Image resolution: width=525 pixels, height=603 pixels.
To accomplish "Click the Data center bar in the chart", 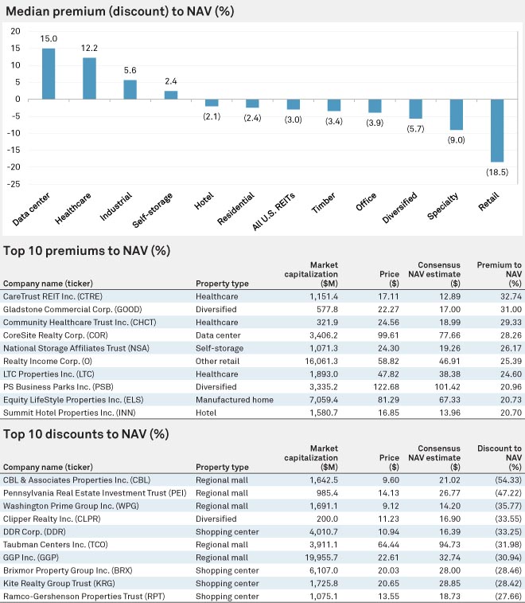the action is point(49,74).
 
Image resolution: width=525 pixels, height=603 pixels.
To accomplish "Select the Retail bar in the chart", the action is point(497,131).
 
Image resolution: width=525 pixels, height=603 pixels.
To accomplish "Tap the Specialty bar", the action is point(457,115).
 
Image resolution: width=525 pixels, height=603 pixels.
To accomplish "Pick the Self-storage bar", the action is point(171,95).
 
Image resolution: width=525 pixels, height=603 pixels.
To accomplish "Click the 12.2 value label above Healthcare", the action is point(89,48).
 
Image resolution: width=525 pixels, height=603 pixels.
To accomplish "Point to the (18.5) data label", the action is point(497,172).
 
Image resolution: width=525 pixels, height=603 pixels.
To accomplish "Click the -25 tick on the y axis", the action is point(14,184).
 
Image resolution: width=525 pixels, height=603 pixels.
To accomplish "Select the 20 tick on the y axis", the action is point(15,31).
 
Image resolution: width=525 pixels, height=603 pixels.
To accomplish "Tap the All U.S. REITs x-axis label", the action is point(274,212).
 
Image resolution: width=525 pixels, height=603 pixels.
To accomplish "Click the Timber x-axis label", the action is point(324,202).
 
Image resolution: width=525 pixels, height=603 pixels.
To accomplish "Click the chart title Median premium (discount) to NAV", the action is point(120,11).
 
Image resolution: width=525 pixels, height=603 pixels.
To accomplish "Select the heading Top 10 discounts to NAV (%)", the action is point(86,434).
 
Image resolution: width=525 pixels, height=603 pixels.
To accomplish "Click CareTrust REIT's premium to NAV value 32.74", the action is point(511,296).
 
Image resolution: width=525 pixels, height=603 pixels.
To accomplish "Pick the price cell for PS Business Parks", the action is point(386,387).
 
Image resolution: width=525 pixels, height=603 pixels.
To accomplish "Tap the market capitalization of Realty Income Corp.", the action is point(324,361).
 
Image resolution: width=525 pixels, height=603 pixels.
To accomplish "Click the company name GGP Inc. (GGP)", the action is point(31,558).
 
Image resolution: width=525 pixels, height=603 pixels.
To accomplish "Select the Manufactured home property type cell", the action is point(235,400).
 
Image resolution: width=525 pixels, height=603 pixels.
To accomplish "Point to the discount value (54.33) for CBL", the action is point(508,480).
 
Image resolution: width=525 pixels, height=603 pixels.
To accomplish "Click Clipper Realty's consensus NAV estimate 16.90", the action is point(449,519).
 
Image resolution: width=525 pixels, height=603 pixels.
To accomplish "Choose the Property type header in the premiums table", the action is point(222,284).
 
